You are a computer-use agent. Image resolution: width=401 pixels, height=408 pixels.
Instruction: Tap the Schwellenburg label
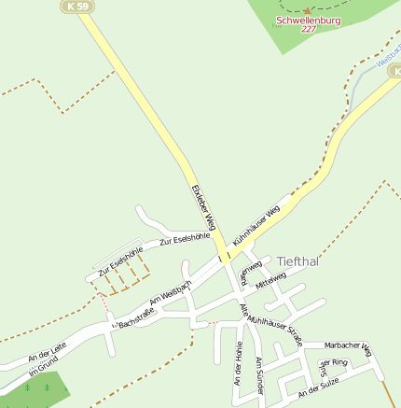point(308,20)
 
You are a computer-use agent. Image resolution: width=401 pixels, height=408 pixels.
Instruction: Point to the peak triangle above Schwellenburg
point(308,10)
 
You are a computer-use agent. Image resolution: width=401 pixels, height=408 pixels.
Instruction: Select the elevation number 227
point(309,29)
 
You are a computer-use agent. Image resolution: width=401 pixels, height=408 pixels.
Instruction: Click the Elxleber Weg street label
point(203,207)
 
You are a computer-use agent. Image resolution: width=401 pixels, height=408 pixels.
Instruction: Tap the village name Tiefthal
point(297,261)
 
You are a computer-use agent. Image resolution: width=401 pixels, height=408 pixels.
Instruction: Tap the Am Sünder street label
point(260,374)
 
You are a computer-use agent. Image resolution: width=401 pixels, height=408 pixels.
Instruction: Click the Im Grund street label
point(42,366)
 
